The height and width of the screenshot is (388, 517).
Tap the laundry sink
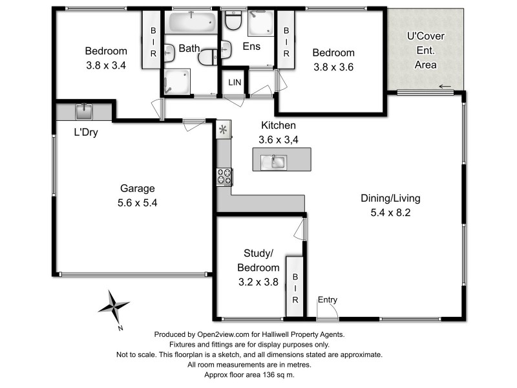[x=84, y=111]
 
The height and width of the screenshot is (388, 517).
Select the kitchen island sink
[x=273, y=162]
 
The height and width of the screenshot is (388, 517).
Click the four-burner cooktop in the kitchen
[x=224, y=177]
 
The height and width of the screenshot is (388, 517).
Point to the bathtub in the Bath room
[x=191, y=22]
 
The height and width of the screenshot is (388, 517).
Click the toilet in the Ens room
[x=233, y=20]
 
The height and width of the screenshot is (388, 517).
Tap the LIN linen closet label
[x=235, y=82]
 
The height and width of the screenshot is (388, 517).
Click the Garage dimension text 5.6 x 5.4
[x=137, y=202]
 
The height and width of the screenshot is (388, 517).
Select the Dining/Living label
[x=390, y=198]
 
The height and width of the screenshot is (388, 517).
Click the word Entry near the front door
[x=328, y=299]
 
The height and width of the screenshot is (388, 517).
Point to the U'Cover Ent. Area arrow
[x=445, y=87]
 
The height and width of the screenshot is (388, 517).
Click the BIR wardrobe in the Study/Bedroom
[x=295, y=286]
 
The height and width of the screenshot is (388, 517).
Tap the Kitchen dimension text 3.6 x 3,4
[x=279, y=140]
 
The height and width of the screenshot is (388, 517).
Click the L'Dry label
[x=86, y=133]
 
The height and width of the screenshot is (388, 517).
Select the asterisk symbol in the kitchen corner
[x=223, y=129]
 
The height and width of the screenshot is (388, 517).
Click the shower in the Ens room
[x=261, y=23]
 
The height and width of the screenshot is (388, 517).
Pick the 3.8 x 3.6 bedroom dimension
[x=333, y=67]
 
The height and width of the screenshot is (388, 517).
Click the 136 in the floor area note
[x=268, y=375]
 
